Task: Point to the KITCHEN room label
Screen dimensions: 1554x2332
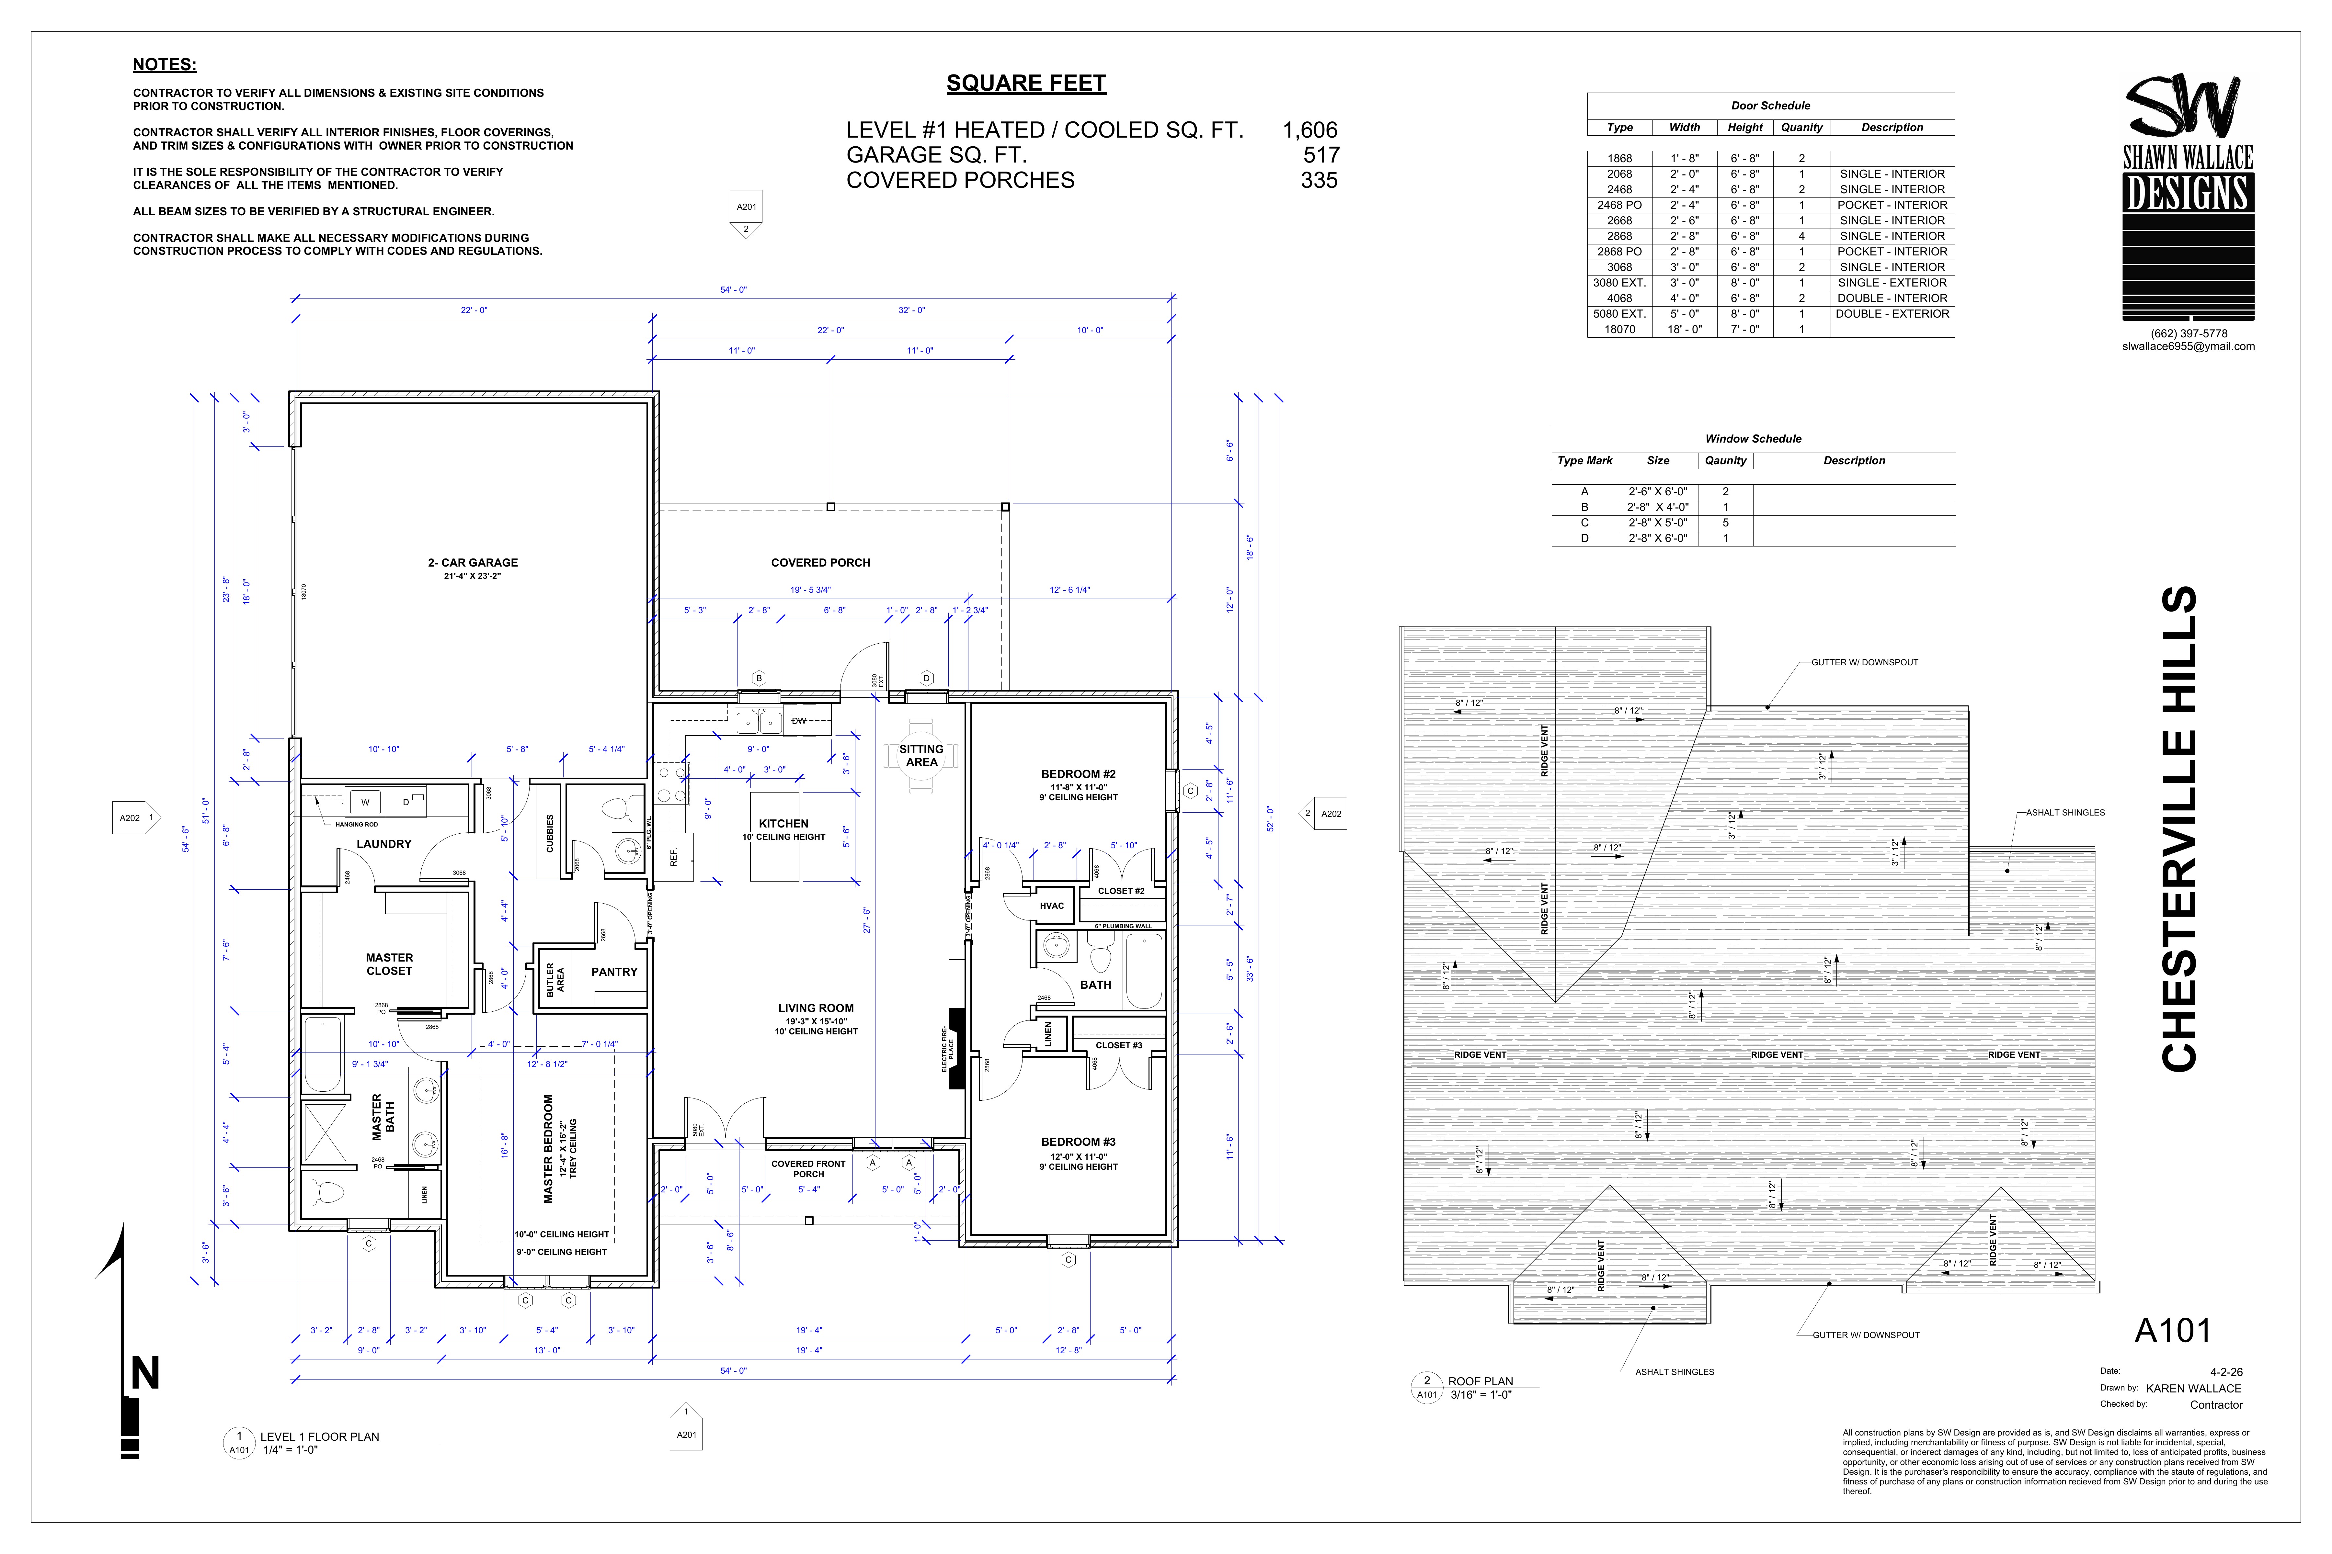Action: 783,824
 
